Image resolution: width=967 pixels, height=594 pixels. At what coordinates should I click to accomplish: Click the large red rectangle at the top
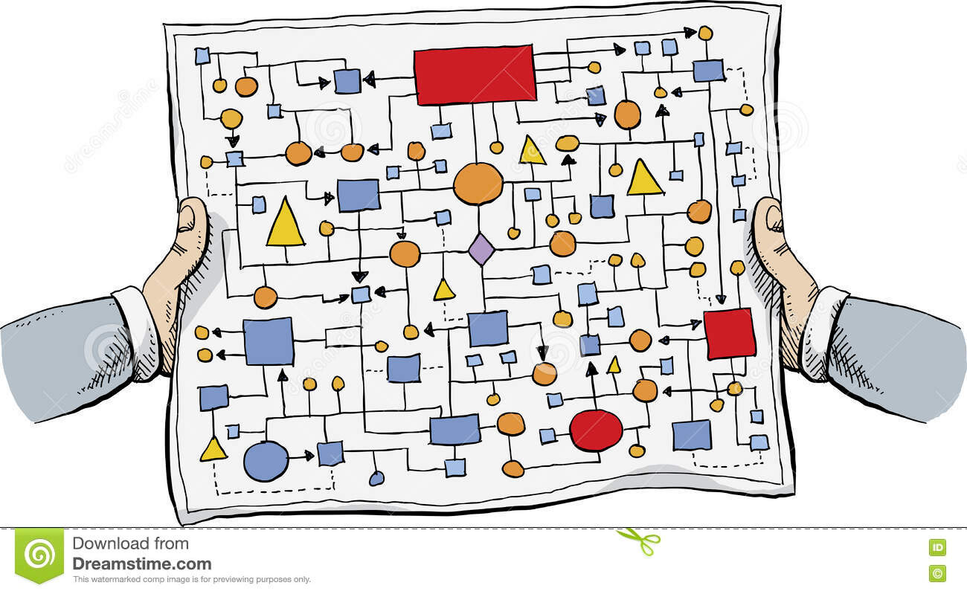tap(475, 74)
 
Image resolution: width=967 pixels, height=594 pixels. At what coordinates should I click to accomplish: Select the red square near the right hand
tap(729, 334)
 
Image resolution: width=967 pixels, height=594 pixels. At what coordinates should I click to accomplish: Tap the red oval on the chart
tap(596, 430)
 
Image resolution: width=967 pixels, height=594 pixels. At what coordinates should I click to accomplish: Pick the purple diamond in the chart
tap(481, 249)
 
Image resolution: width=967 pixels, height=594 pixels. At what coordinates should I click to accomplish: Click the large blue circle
tap(266, 461)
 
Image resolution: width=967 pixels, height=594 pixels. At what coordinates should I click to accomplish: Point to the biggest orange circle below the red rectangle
tap(478, 184)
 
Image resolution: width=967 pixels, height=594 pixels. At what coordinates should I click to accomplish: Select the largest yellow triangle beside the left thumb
tap(285, 224)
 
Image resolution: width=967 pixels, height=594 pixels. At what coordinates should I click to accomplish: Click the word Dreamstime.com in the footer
tap(141, 564)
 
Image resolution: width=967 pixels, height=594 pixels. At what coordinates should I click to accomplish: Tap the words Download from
tap(130, 543)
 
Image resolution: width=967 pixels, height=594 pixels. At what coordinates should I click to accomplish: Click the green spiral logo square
tap(39, 555)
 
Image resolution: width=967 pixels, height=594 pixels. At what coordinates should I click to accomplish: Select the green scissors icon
tap(638, 540)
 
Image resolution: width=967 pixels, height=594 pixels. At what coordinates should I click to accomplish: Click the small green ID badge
tap(937, 547)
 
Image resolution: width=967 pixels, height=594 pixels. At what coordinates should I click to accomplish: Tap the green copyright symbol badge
tap(937, 572)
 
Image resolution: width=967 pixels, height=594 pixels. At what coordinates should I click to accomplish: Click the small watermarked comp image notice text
tap(191, 580)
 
